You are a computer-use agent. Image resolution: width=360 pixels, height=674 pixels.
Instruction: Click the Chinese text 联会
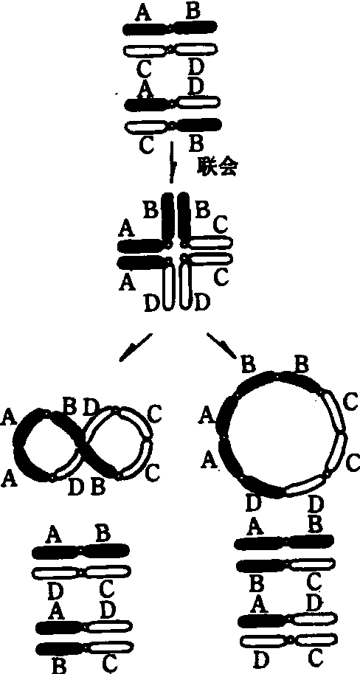tap(217, 167)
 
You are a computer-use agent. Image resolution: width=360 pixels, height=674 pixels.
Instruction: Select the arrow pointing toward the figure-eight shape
tap(135, 347)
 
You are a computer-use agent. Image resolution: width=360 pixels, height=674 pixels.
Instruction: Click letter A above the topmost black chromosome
tap(145, 13)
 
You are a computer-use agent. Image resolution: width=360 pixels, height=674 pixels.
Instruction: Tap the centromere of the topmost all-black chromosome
tap(170, 28)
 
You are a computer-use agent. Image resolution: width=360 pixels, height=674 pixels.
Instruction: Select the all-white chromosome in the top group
tap(170, 50)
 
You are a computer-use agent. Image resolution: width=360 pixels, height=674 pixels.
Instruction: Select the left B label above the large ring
tap(249, 365)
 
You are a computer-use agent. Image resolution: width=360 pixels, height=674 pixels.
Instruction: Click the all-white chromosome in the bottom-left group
tap(82, 572)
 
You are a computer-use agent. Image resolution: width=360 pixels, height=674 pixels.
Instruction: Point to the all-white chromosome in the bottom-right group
tap(286, 642)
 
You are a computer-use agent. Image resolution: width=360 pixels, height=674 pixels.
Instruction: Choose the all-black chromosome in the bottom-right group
tap(284, 543)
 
